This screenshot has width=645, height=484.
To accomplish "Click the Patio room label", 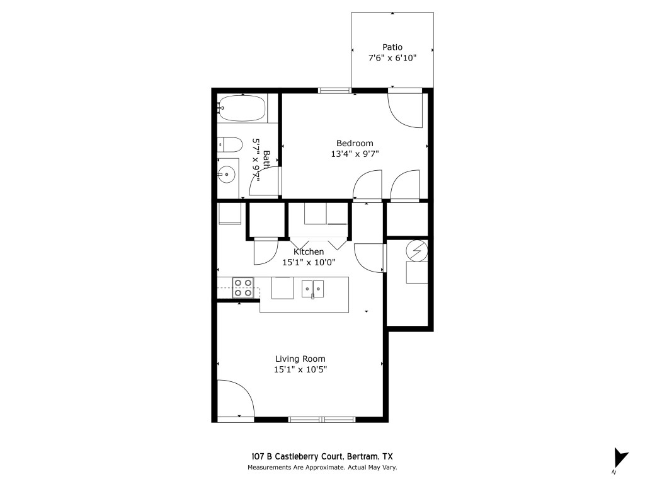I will click(x=392, y=47).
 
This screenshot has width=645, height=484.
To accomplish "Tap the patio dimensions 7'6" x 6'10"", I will click(x=392, y=57).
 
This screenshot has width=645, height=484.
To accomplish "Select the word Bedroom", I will click(x=355, y=143).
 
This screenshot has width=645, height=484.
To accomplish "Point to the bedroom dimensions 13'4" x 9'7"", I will click(x=355, y=153).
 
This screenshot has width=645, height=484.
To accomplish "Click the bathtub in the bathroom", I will click(x=243, y=108).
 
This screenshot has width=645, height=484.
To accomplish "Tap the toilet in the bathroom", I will click(x=229, y=145).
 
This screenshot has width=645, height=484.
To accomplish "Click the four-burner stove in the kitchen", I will click(x=243, y=287).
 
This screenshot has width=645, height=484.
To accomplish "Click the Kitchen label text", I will click(x=309, y=252).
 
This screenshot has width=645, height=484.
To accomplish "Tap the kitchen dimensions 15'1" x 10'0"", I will click(x=309, y=262).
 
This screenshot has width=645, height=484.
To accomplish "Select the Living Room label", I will click(x=300, y=359).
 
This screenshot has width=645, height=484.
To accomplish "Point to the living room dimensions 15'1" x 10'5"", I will click(x=300, y=369).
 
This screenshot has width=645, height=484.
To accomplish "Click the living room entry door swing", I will click(x=234, y=399).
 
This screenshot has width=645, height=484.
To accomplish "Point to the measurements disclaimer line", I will click(x=322, y=468).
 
